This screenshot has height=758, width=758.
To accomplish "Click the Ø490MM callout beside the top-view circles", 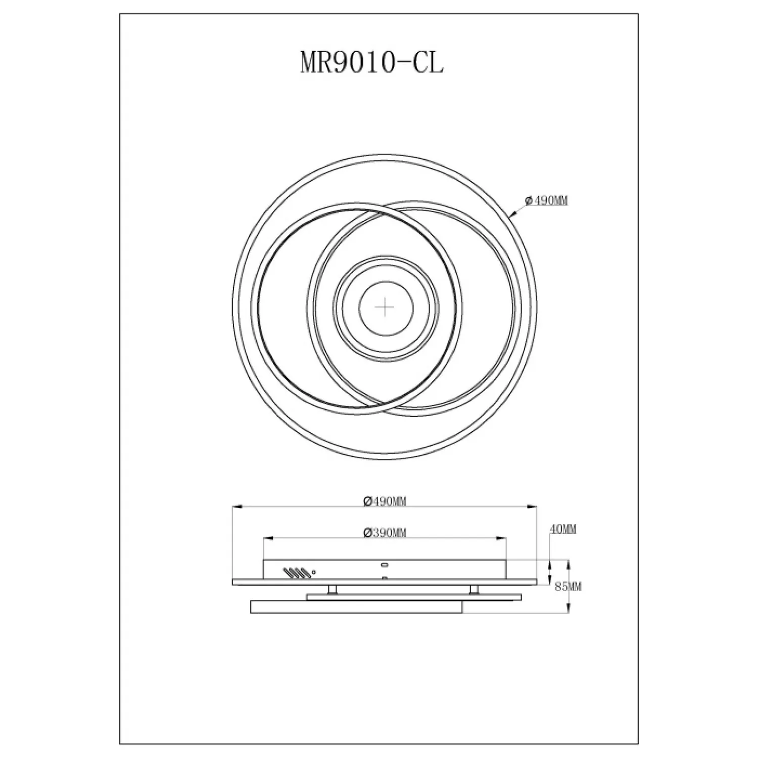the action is click(x=546, y=201).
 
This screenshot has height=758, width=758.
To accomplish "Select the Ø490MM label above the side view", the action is click(x=385, y=501).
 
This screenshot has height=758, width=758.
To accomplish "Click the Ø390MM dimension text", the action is click(x=385, y=533).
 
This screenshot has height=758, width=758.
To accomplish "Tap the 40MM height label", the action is click(x=563, y=529).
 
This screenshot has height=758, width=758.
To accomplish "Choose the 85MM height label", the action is click(x=568, y=587).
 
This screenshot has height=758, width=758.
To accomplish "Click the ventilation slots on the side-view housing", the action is click(x=297, y=573).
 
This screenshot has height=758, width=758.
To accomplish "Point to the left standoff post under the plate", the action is click(x=331, y=590).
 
